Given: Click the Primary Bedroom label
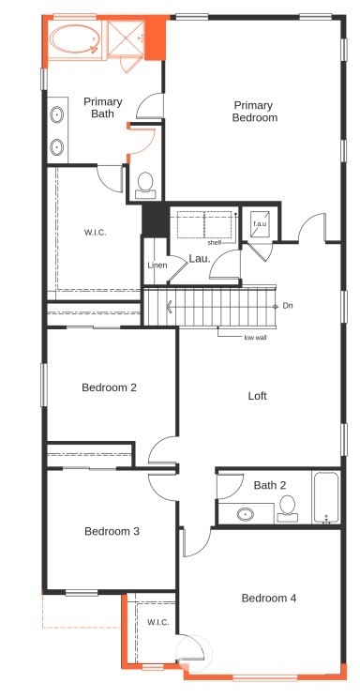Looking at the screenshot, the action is pos(255,112).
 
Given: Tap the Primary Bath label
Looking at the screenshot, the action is pos(103,108).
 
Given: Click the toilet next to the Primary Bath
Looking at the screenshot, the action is pos(145,186).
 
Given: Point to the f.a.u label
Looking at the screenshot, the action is pos(260,224).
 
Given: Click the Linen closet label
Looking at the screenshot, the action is pos(157,266).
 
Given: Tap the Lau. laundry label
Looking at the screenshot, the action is pos(200,259).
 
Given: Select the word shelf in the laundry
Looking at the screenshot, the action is pos(215,243).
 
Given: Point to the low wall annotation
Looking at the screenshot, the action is pos(255,338).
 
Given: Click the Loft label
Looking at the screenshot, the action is pos(257,395).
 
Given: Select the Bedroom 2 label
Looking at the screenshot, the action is pos(109,387).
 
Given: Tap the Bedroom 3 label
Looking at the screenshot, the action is pos(112,531).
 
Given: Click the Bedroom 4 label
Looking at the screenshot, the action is pos(269,598).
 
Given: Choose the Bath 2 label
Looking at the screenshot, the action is pos(270,485).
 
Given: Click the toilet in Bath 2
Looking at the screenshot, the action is pos(288,508).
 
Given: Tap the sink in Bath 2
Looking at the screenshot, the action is pos(246,515).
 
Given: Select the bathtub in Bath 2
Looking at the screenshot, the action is pos(327,497).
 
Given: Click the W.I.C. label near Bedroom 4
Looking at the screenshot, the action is pos(158,622).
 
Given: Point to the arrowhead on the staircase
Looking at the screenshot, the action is pos(170,307).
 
